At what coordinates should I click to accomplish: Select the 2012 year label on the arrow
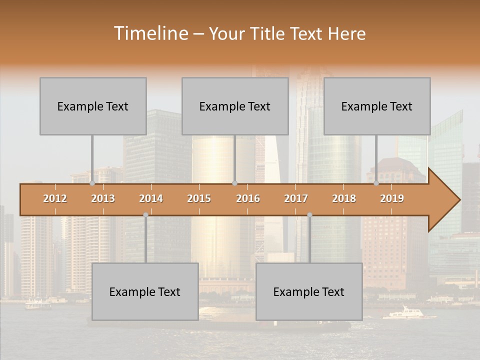coord(55,198)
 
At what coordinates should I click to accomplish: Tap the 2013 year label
coord(103,198)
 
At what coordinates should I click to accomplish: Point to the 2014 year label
coord(151,198)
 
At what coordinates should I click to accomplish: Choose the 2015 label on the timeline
coord(199,198)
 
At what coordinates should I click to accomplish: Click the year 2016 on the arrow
coord(248,198)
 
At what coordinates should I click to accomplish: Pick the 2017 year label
coord(296,198)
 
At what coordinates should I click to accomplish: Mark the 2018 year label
coord(344,198)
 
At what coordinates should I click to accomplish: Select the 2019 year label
coord(392,198)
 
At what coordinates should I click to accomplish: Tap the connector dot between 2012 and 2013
coord(92,183)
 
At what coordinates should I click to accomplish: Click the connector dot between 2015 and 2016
coord(234,183)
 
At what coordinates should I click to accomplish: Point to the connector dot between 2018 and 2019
coord(376,183)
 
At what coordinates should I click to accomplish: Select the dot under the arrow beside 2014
coord(145,215)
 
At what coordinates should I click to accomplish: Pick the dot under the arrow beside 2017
coord(309,215)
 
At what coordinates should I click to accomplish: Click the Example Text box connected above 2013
coord(93,106)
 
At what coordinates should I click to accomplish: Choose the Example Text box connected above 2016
coord(235,106)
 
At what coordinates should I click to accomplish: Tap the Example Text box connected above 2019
coord(377,106)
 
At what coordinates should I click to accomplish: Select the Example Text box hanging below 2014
coord(145,291)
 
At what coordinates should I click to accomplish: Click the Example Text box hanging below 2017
coord(309,291)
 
